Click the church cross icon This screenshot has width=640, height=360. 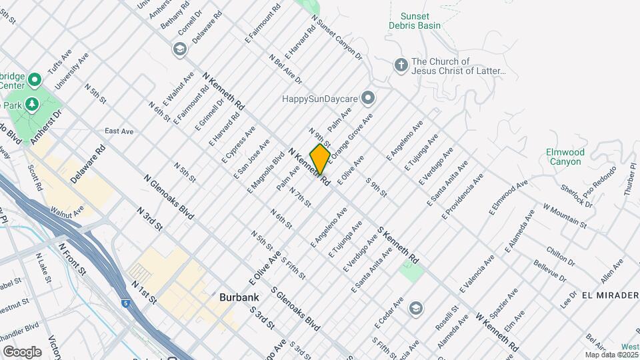401,65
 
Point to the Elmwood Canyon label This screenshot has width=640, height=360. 565,157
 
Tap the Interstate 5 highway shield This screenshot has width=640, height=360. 127,303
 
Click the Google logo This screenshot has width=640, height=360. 22,351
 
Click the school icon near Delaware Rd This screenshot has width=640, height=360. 179,49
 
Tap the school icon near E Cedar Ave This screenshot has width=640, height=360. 416,308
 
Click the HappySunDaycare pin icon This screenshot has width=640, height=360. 368,99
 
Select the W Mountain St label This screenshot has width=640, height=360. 564,215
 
